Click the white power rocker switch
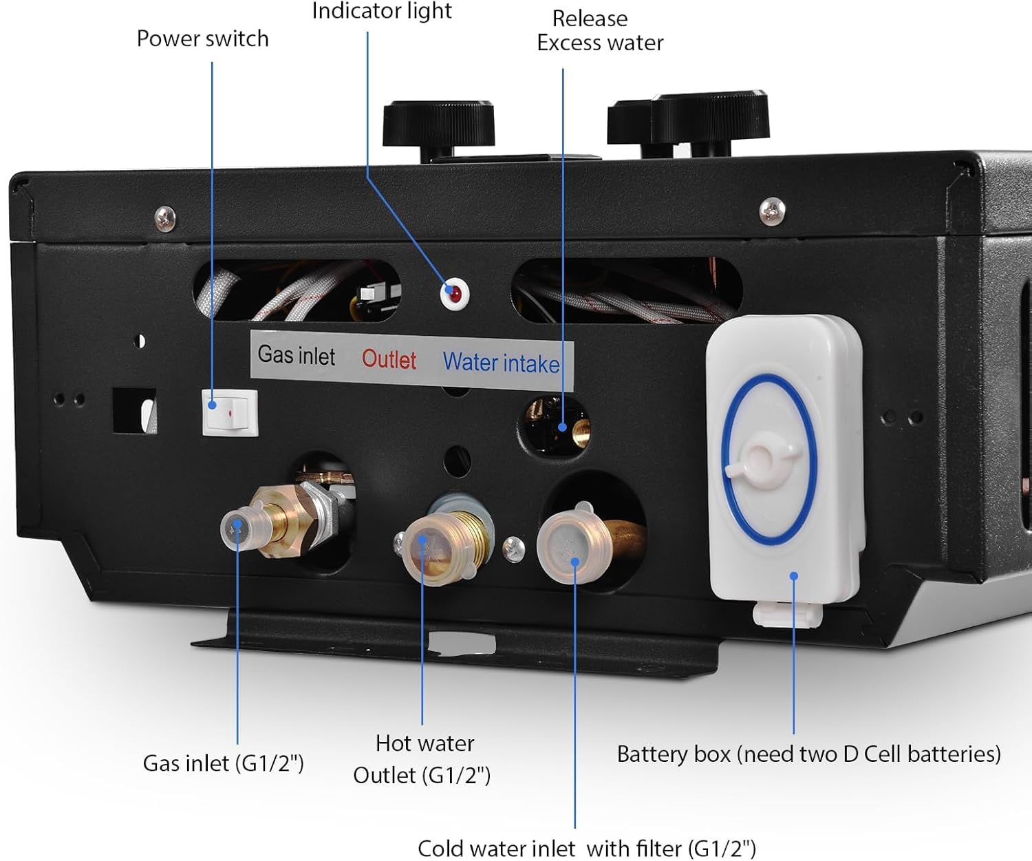coord(230,412)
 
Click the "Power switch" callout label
coord(203,39)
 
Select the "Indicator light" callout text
coord(382,11)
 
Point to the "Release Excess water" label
coord(599,31)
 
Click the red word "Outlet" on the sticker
coord(389,359)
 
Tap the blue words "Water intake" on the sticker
coord(501,363)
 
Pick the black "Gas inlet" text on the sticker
coord(297,355)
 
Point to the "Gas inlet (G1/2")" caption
coord(224,763)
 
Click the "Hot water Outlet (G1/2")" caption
coord(422,759)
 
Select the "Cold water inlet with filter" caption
coord(587,849)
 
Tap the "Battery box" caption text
coord(674,754)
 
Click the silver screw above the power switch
coord(165,219)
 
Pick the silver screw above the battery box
coord(772,211)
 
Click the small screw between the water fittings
coord(514,549)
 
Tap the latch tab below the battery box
coord(787,615)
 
